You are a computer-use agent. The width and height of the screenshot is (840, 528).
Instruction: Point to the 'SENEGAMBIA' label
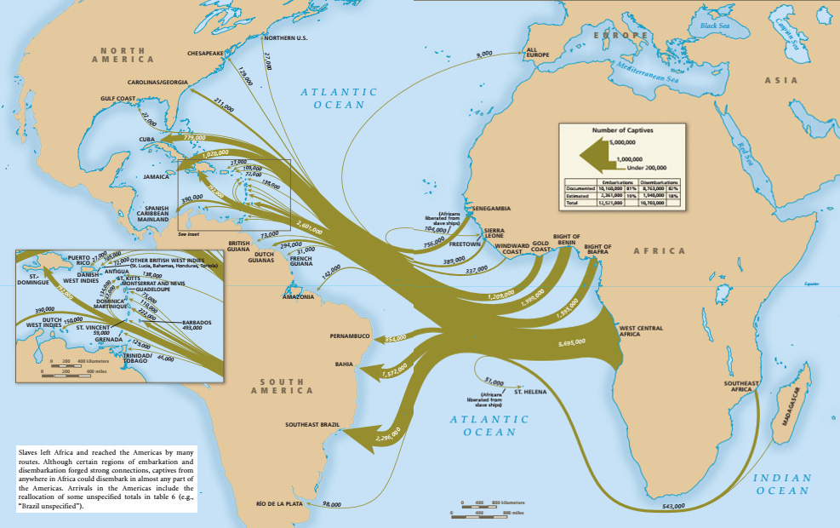492,208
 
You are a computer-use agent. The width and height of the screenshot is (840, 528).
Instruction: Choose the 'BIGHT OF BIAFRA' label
597,250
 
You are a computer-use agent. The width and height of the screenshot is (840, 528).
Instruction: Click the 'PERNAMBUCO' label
351,336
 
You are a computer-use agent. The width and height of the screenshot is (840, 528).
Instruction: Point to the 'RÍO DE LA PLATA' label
278,504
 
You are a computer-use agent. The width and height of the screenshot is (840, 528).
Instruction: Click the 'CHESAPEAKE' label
205,53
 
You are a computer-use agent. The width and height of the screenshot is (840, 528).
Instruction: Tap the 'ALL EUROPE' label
538,53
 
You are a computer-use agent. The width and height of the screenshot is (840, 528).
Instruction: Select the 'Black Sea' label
715,26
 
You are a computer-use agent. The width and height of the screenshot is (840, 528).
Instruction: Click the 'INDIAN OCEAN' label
782,485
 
